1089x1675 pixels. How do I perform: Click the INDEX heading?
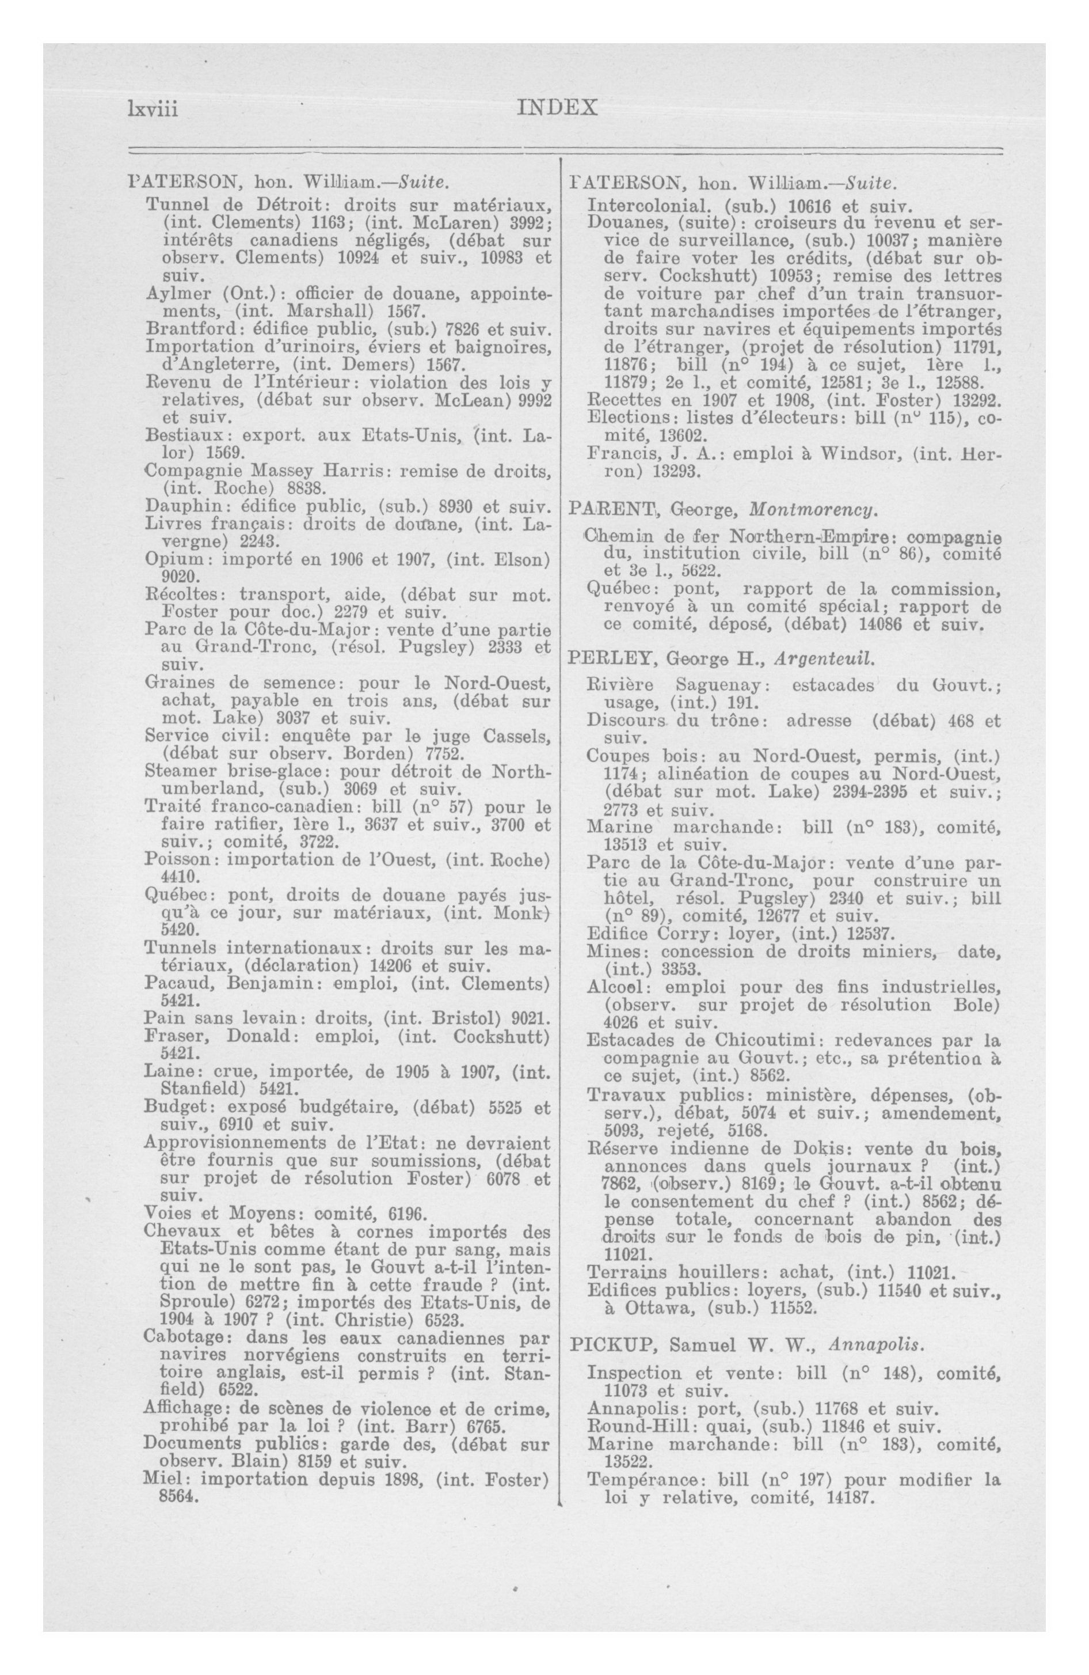coord(557,108)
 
